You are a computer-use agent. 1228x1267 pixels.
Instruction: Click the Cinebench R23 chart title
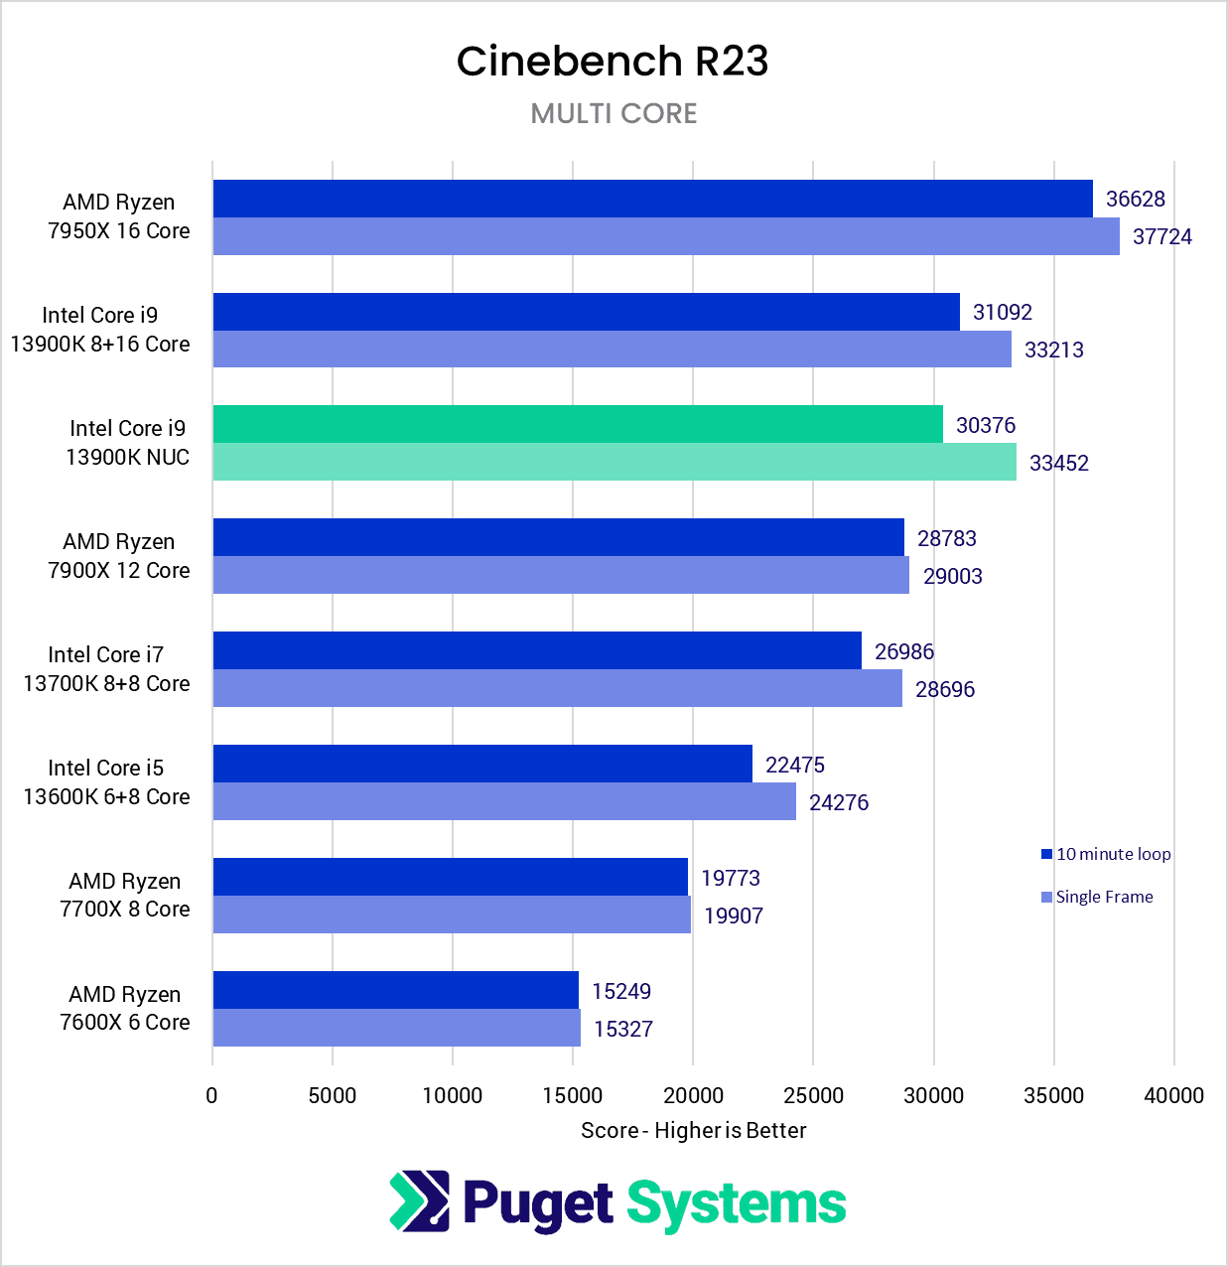[613, 62]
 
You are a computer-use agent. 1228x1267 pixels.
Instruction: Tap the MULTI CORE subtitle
[614, 113]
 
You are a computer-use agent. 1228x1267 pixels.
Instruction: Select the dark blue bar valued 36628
[652, 199]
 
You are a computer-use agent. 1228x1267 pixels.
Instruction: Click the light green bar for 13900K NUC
[614, 462]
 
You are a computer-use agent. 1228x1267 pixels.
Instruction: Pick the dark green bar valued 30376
[578, 424]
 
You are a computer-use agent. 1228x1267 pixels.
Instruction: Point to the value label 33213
[1053, 350]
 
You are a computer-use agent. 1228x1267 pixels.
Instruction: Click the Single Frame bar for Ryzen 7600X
[396, 1028]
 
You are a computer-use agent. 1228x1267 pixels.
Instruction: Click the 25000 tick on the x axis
[813, 1095]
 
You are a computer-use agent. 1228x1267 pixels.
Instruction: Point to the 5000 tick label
[332, 1095]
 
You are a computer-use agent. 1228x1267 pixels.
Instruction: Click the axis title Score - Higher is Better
[693, 1130]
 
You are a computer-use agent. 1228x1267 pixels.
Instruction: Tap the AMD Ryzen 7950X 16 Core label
[119, 216]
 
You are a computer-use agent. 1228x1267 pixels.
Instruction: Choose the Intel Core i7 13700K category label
[106, 669]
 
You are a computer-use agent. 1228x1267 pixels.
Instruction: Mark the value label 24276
[838, 802]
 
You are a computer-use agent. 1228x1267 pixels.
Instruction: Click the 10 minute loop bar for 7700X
[450, 877]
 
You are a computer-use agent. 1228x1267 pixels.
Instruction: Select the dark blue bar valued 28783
[558, 537]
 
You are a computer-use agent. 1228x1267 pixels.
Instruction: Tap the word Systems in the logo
[736, 1204]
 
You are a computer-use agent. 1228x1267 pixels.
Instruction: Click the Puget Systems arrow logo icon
[419, 1201]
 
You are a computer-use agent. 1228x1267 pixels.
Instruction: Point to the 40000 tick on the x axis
[1173, 1095]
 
